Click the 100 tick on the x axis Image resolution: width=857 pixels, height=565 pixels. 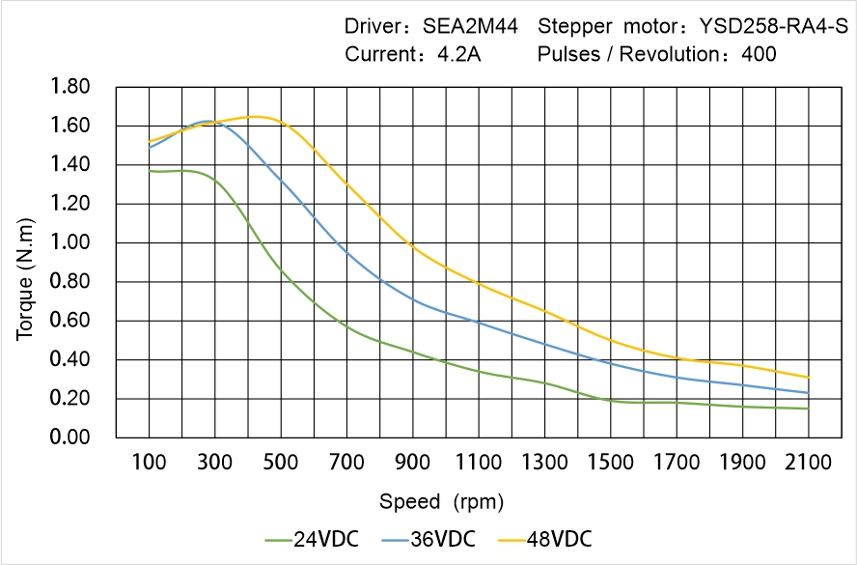click(x=149, y=463)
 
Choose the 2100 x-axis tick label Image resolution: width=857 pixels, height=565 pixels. click(x=808, y=463)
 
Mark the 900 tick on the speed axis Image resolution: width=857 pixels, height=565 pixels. click(x=412, y=463)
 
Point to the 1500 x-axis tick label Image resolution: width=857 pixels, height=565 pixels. click(x=610, y=463)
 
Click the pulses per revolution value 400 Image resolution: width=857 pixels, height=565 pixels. click(x=759, y=55)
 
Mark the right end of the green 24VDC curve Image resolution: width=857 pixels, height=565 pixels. click(x=808, y=409)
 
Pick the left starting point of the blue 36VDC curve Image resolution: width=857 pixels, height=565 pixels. click(x=150, y=148)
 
